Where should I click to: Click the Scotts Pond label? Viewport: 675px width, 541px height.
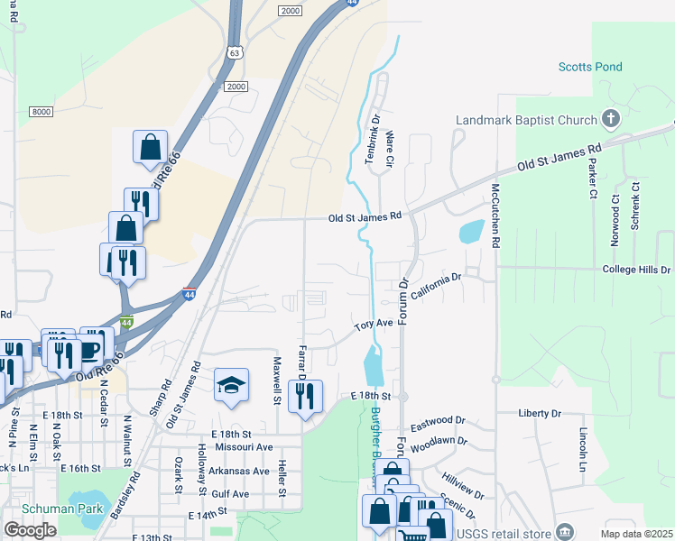point(589,67)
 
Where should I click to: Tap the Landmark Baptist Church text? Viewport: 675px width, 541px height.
point(526,120)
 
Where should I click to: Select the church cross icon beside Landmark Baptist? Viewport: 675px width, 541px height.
point(611,119)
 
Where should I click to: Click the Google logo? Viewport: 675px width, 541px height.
point(30,530)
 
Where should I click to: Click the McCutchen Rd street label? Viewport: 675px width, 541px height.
point(495,215)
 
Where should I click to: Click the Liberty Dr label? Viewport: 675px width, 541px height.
point(540,413)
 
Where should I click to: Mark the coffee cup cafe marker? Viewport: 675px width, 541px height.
point(92,347)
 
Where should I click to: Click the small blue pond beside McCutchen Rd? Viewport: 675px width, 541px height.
point(471,232)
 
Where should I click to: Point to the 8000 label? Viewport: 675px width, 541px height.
point(42,111)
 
